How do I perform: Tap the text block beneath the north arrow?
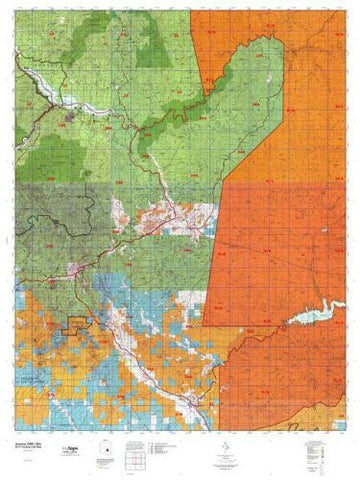coord(228,456)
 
